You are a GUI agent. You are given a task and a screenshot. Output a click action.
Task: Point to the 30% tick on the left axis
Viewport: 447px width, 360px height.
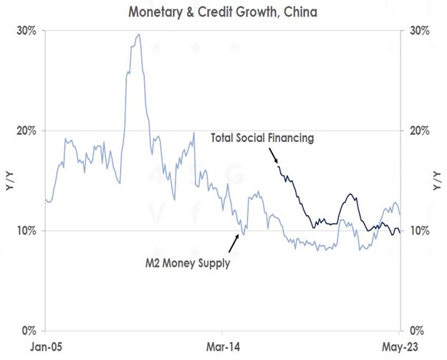[28, 32]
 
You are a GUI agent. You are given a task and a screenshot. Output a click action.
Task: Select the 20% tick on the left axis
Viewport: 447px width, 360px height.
[28, 131]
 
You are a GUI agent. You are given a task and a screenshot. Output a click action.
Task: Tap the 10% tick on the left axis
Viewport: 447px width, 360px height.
[28, 231]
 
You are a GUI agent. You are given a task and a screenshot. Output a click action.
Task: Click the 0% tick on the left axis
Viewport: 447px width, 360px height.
[31, 331]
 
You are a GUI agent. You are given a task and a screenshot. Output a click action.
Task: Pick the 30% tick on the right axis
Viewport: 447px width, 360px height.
[419, 32]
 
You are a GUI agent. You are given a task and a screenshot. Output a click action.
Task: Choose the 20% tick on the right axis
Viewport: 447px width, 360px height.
[419, 131]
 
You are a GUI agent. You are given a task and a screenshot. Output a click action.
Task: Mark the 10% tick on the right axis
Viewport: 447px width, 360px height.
[419, 231]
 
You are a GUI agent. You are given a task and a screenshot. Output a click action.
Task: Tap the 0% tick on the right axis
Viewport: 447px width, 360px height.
[416, 331]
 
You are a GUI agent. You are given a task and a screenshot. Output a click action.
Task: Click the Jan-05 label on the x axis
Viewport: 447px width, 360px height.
[45, 345]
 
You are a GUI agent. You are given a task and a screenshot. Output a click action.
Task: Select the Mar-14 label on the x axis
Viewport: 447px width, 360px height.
[222, 345]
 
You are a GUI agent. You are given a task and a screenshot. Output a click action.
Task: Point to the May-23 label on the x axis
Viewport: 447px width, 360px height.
[399, 345]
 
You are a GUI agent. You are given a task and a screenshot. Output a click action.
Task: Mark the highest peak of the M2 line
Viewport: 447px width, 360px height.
[138, 34]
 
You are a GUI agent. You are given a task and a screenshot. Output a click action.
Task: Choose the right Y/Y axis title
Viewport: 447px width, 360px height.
[437, 181]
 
